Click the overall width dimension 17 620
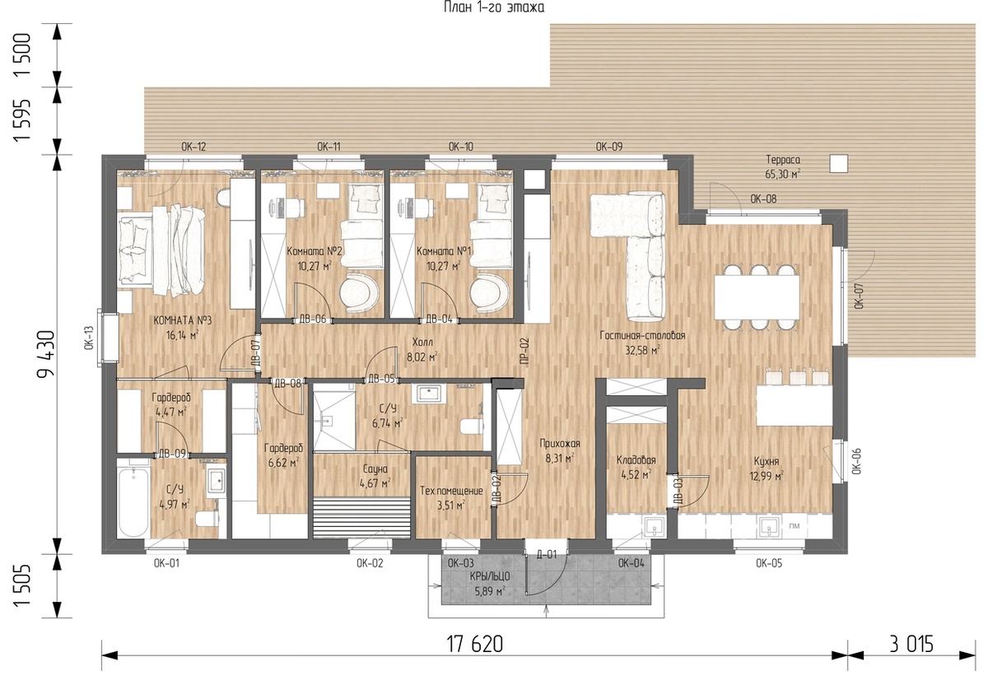point(474,645)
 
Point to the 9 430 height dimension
point(46,354)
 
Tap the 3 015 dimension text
point(911,645)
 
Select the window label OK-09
point(608,147)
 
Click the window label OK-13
point(89,338)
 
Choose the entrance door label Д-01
point(547,554)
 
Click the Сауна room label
point(375,468)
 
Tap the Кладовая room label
point(636,460)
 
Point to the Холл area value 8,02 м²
point(422,356)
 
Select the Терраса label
point(783,160)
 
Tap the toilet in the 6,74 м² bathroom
point(471,426)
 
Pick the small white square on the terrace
point(838,164)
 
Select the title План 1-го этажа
point(494,7)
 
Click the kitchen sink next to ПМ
point(769,527)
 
